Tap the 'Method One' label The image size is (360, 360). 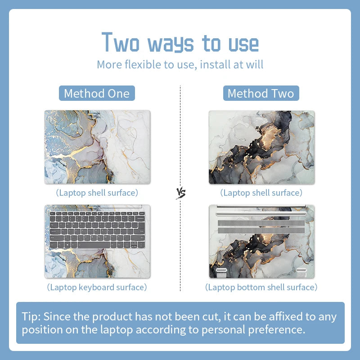(x=97, y=94)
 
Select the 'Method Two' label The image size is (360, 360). (x=261, y=94)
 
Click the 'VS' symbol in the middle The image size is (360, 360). (x=180, y=193)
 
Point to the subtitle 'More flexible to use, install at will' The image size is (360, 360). (x=180, y=64)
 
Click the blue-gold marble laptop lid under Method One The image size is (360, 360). (x=97, y=147)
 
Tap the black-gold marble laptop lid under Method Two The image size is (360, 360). (x=261, y=147)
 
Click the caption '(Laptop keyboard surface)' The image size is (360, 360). (x=97, y=287)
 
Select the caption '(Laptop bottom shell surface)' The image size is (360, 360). (x=261, y=287)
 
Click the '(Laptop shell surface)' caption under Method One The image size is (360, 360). (x=97, y=193)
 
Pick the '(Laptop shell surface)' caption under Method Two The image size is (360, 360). (x=261, y=193)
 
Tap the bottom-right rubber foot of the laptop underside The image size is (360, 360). (x=301, y=271)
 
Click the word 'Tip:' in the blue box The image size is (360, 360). (x=31, y=316)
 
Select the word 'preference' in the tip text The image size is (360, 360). (x=274, y=329)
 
